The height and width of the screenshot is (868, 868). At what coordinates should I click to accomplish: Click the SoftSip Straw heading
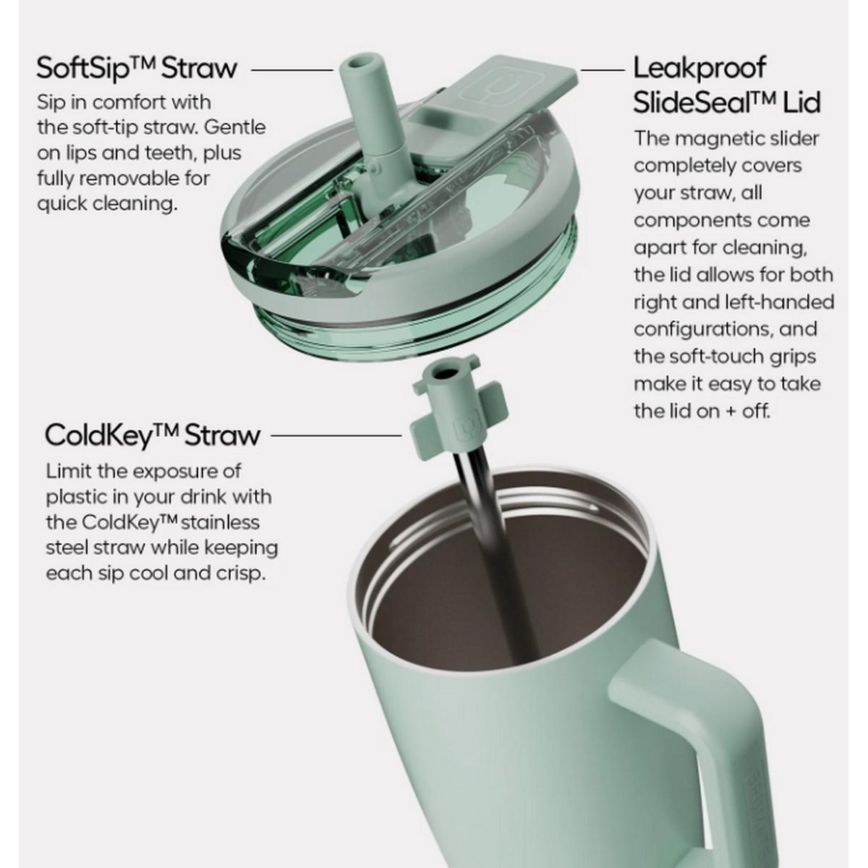coord(137,69)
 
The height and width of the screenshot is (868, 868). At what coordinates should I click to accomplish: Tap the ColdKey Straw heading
coord(153,435)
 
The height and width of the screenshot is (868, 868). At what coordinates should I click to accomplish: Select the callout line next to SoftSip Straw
coord(292,70)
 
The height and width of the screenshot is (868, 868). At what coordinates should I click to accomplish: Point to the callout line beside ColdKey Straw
coord(336,435)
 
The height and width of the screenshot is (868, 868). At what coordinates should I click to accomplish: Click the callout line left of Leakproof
coord(603,70)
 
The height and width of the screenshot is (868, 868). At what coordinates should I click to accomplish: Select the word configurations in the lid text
coord(700,330)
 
